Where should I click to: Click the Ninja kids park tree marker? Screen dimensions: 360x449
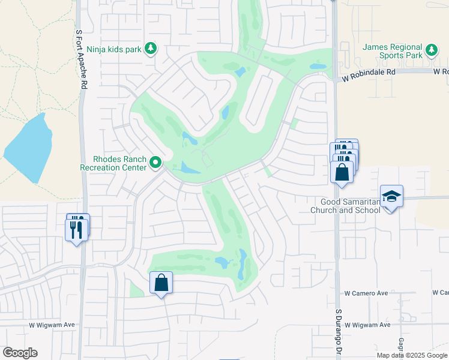151,49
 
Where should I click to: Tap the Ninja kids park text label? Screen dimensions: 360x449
114,49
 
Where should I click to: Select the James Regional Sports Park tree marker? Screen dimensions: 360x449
432,50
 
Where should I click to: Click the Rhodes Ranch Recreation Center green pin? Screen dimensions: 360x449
155,163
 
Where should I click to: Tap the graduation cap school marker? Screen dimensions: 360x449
391,196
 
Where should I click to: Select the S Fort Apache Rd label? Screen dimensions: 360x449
79,58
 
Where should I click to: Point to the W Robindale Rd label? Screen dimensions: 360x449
369,71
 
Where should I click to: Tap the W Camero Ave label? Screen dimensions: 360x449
366,293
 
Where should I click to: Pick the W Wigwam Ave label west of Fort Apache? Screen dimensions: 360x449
52,325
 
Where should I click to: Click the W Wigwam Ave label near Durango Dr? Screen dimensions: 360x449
367,325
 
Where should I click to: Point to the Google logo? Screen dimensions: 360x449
20,353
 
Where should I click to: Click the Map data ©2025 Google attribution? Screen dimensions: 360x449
412,355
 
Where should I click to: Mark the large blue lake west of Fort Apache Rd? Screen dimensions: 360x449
30,147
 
